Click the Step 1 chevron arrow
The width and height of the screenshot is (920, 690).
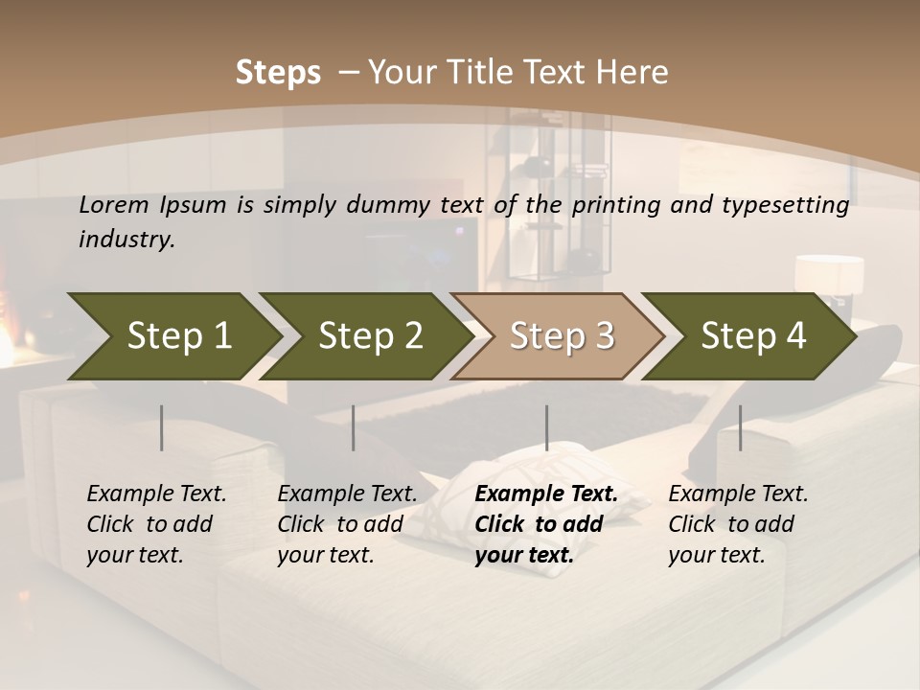(x=172, y=336)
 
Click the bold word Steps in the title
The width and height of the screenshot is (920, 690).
(x=278, y=73)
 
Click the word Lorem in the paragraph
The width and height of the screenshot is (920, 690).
(x=113, y=205)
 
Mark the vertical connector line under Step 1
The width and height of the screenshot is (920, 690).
(x=162, y=427)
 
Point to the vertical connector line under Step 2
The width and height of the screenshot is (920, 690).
(x=354, y=427)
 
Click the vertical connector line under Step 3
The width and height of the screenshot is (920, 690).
(x=546, y=427)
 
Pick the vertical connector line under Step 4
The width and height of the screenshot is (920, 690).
(x=740, y=427)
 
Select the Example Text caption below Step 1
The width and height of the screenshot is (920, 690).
(x=156, y=524)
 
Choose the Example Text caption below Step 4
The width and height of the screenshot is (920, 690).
(x=738, y=524)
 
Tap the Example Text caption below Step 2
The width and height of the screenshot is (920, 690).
(x=347, y=524)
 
